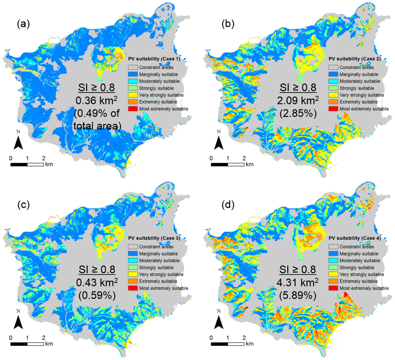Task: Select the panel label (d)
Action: [x=224, y=205]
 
